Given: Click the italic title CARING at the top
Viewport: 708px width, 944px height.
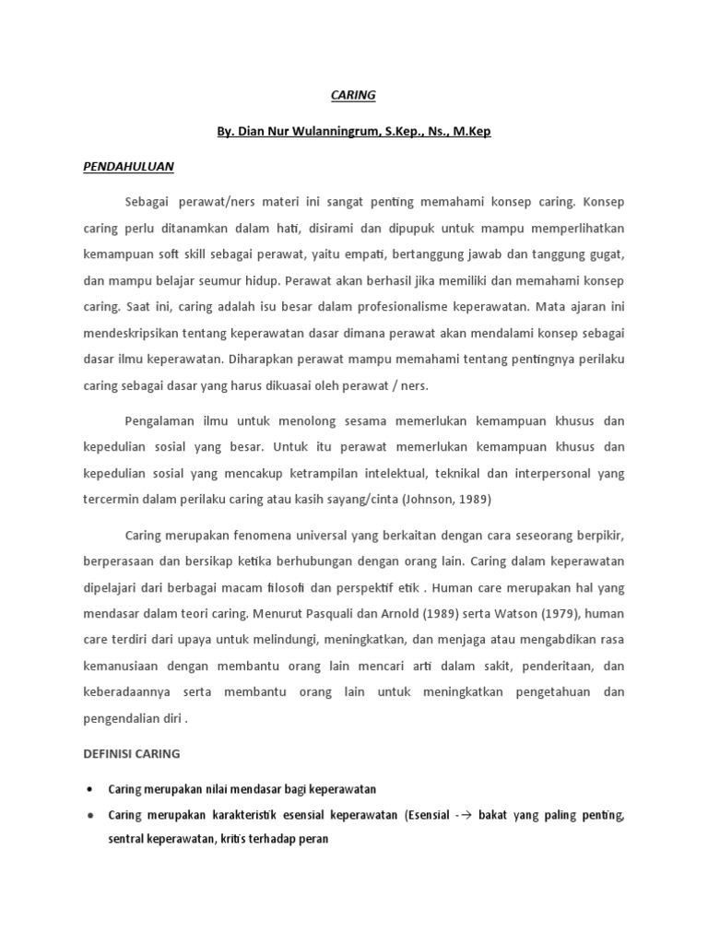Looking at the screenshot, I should click(354, 95).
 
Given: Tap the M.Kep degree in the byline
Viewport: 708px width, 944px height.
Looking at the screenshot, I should click(470, 131).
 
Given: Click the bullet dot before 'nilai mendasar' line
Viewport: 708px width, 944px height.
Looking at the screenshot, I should click(88, 790).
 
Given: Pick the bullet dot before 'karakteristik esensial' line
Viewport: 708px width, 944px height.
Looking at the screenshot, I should click(88, 816).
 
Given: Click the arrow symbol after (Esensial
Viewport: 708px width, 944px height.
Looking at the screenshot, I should click(467, 816).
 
